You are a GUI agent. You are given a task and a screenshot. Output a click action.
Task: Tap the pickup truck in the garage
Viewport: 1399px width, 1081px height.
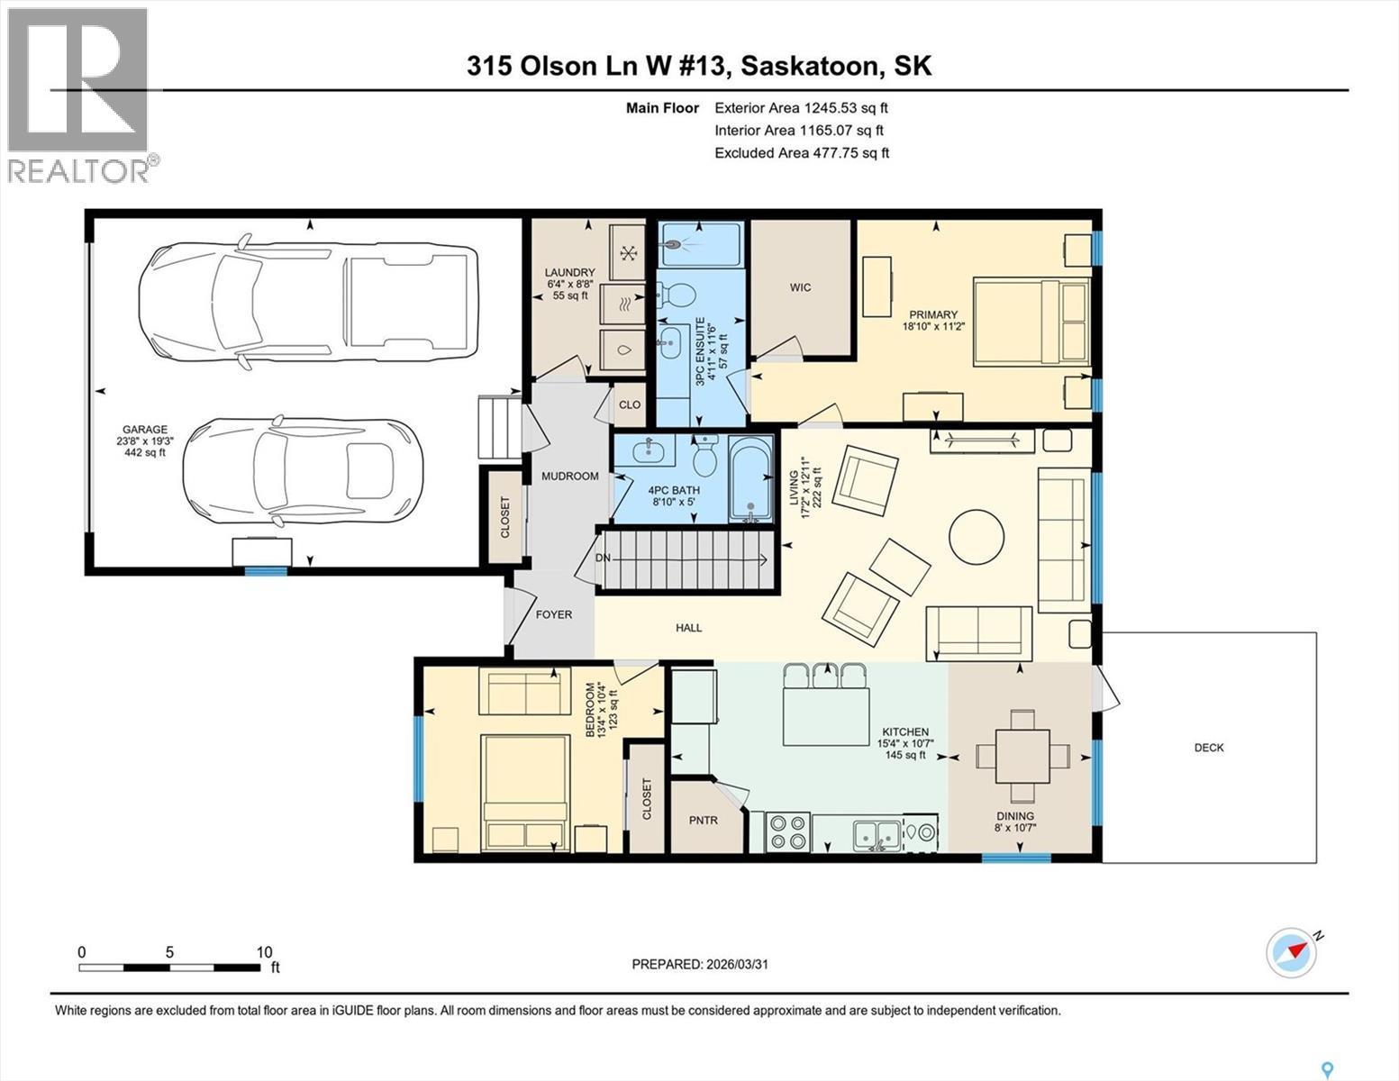[x=307, y=296]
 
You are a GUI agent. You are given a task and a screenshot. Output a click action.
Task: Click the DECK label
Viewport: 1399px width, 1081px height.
[x=1208, y=748]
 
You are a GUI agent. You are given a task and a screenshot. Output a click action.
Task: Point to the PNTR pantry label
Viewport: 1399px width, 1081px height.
[x=703, y=821]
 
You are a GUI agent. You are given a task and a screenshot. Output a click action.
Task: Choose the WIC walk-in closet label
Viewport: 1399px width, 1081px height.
[x=800, y=287]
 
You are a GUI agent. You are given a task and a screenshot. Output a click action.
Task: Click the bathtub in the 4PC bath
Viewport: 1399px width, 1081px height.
[x=750, y=479]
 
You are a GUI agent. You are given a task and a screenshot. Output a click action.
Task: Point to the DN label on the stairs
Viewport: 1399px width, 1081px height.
[x=604, y=559]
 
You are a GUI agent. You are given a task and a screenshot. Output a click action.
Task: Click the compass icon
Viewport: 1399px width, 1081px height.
[x=1291, y=951]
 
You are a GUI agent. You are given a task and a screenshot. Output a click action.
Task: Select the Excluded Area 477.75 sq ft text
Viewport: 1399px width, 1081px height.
[x=802, y=153]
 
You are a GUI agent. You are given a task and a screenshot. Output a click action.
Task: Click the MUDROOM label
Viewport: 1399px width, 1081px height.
[x=569, y=476]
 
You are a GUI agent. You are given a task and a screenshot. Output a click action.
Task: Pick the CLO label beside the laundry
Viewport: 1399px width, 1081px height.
[x=630, y=404]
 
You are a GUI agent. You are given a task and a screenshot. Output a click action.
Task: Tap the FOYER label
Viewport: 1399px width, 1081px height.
[x=553, y=614]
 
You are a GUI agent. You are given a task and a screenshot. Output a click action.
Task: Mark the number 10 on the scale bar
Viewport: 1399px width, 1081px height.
[x=264, y=952]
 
